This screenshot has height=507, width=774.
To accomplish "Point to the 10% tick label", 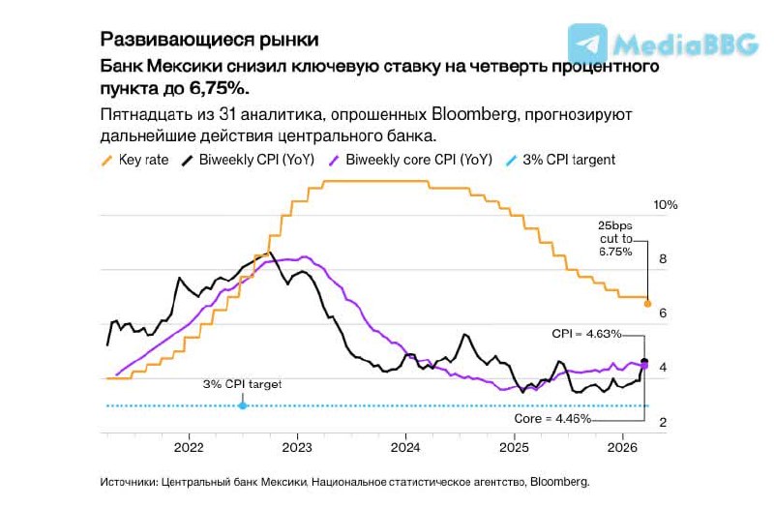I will pyautogui.click(x=666, y=205).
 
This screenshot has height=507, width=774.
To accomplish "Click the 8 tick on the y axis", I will pyautogui.click(x=663, y=259).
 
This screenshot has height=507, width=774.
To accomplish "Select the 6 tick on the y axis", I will pyautogui.click(x=663, y=313).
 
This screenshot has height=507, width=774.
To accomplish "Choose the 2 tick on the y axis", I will pyautogui.click(x=663, y=423).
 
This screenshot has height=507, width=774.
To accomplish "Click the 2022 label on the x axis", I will pyautogui.click(x=188, y=447).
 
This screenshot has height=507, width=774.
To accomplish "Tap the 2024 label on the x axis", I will pyautogui.click(x=405, y=447).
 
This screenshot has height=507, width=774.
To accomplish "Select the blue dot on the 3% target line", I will pyautogui.click(x=242, y=405).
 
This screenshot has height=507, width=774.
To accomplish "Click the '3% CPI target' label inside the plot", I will pyautogui.click(x=242, y=384).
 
